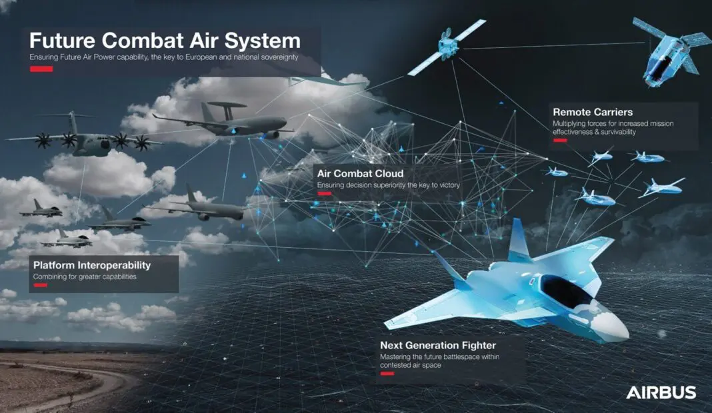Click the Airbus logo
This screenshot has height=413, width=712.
(661, 392)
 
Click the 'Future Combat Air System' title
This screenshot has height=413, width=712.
(165, 39)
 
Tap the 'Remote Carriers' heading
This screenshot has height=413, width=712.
(593, 112)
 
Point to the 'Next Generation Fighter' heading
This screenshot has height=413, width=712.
(438, 345)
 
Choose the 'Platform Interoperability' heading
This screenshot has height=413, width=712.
(92, 265)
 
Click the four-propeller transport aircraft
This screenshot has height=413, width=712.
(83, 139)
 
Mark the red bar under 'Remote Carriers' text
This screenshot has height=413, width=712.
(559, 141)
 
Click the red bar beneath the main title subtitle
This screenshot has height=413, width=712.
(41, 69)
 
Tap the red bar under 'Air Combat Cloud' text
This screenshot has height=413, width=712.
(325, 193)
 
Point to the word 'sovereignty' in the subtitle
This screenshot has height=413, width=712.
(277, 57)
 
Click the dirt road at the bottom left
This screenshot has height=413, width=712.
(80, 386)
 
